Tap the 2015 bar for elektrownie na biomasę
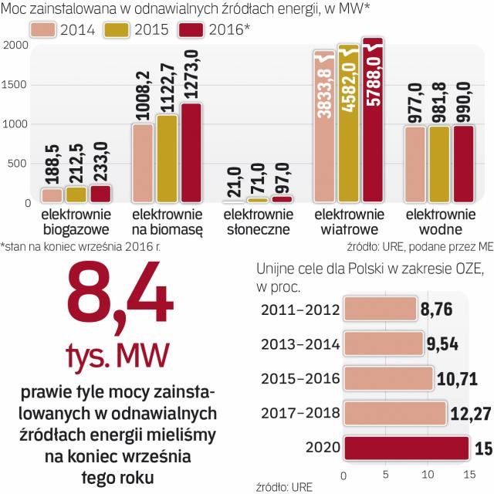coord(166,159)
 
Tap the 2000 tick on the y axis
coord(15,45)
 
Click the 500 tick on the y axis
coord(19,164)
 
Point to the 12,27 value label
coord(468,413)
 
